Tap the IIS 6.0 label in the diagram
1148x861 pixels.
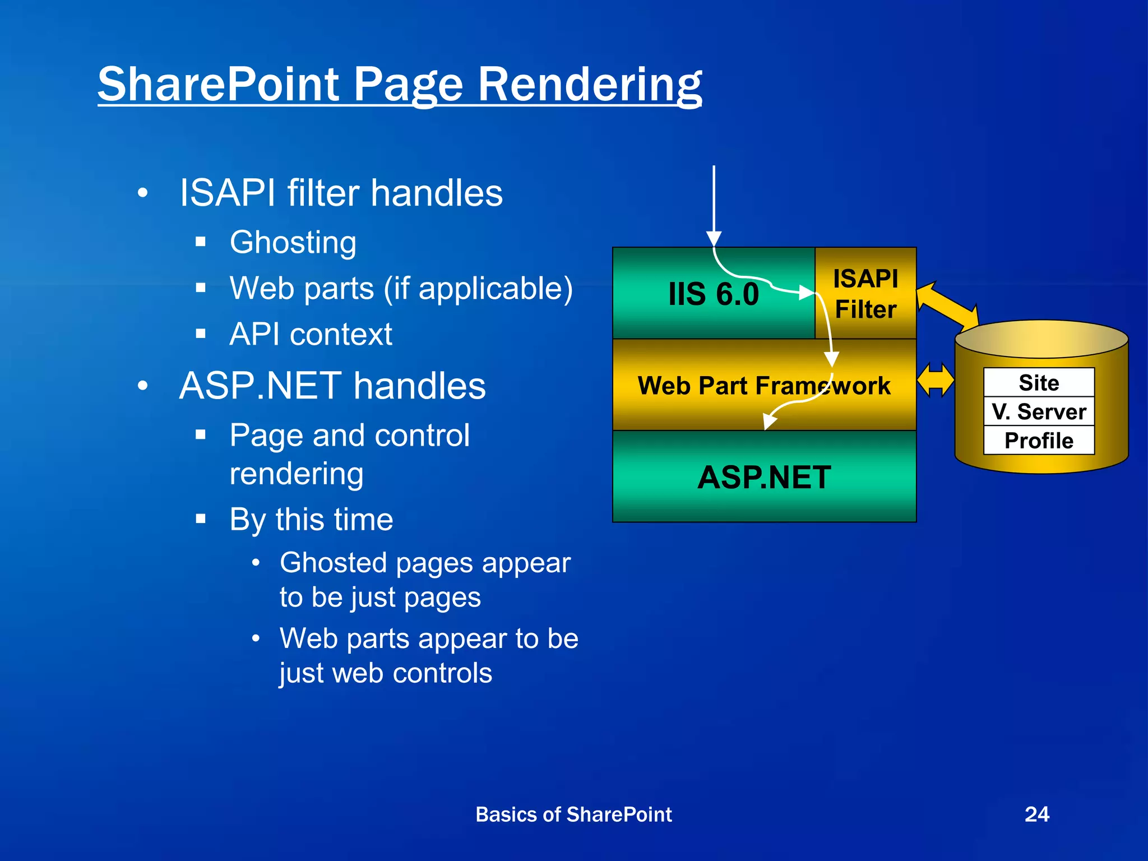tap(713, 294)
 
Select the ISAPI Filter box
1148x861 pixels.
tap(865, 293)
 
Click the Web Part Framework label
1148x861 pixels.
tap(763, 386)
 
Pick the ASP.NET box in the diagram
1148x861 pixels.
tap(764, 477)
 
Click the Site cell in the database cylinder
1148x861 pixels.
tap(1039, 383)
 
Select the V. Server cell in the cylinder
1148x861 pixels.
tap(1039, 411)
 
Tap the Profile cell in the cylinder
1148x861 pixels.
tap(1039, 441)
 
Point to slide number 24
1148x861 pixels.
tap(1036, 814)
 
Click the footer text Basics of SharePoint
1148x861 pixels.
tap(573, 814)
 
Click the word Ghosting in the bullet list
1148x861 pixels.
tap(293, 242)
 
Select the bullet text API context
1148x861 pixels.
tap(311, 334)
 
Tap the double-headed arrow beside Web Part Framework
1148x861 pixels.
tap(935, 380)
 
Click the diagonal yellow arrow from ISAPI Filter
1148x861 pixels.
tap(947, 305)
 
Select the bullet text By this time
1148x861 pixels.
tap(311, 519)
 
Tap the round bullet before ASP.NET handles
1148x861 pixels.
tap(143, 386)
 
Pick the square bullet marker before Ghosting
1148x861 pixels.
tap(201, 242)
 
